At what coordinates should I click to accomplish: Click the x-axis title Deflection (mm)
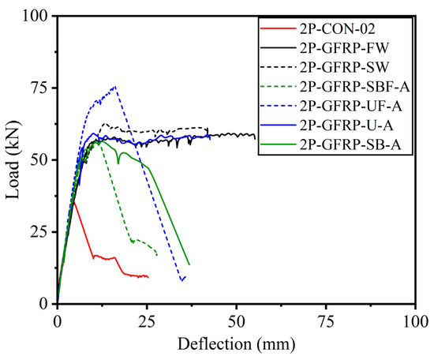[x=237, y=344]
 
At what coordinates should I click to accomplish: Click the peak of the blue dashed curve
[x=115, y=87]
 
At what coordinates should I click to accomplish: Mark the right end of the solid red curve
[x=148, y=276]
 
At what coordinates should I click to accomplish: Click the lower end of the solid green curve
[x=189, y=264]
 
